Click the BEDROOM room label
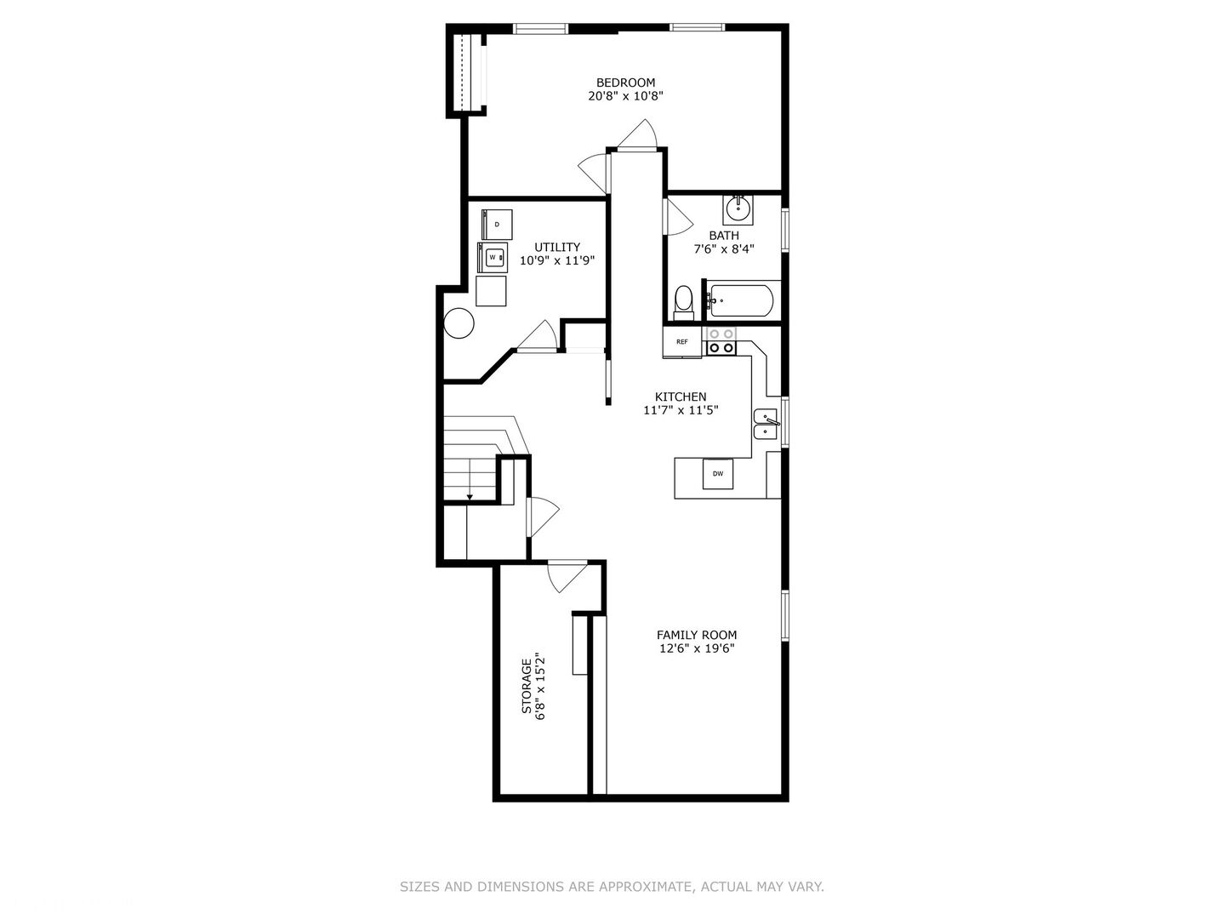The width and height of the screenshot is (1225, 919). pos(625,83)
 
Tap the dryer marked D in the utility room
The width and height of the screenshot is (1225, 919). pos(498,224)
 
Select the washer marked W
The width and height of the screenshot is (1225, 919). pos(493,257)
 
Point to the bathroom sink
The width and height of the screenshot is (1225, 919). pos(738,207)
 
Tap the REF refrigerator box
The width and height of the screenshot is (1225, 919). pos(682,342)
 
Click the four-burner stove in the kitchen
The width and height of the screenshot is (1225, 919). pos(721,341)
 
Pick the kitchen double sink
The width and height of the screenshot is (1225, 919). pos(766,424)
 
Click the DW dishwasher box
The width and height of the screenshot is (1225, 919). pos(718,474)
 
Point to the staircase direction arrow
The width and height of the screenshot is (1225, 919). pos(470,496)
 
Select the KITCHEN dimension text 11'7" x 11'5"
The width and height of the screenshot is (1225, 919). pos(681,410)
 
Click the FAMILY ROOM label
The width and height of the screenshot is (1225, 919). pos(697,635)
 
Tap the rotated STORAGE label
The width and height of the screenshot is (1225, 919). pos(527,685)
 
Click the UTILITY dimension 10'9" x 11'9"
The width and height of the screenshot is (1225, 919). pos(556,261)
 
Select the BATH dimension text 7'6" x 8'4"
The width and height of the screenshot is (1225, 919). pos(724,249)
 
